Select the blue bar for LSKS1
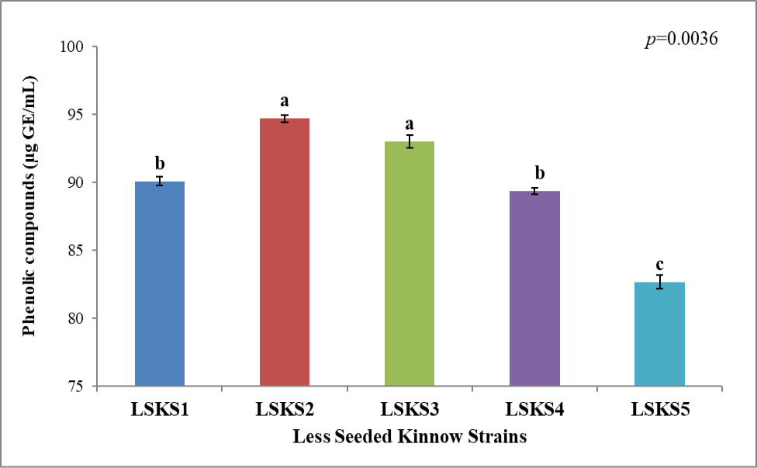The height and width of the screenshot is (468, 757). [159, 283]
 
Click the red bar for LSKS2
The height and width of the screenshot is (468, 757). [285, 252]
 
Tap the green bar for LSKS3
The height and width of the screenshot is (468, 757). [410, 264]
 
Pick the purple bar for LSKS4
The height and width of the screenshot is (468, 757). [534, 289]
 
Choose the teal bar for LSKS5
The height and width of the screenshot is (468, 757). [659, 335]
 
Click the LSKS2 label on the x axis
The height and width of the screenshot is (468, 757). [285, 410]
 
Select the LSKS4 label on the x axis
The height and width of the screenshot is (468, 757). [535, 410]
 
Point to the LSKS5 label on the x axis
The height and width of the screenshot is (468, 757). [660, 410]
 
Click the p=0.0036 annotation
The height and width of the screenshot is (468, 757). [682, 39]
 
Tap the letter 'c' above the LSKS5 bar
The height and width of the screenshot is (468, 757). [659, 265]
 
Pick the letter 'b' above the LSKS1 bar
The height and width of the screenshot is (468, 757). [160, 163]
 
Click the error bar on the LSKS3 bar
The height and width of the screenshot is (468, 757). [410, 141]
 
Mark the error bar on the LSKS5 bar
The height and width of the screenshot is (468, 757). [659, 282]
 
